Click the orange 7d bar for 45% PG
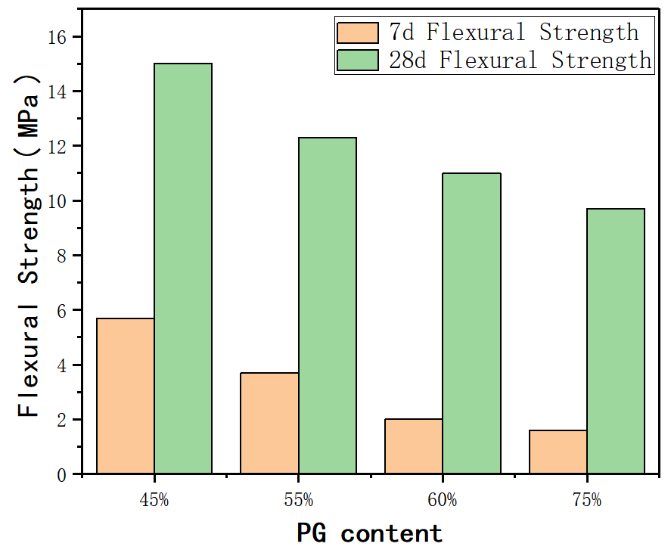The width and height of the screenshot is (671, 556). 126,396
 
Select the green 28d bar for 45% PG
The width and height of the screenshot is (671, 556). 183,269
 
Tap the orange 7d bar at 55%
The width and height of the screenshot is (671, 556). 269,423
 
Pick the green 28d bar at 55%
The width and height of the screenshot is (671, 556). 328,306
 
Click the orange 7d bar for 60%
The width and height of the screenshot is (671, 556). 414,446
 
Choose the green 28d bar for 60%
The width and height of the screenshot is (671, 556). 471,323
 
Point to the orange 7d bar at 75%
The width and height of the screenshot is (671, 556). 558,452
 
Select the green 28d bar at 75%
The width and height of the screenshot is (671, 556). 616,341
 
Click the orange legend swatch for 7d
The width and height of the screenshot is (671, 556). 358,33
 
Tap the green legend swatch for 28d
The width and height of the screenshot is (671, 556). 358,60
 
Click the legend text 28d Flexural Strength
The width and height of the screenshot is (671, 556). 520,60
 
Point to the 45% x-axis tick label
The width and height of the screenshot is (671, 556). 154,500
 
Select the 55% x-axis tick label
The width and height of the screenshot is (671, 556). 299,500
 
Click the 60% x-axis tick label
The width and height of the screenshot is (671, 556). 443,500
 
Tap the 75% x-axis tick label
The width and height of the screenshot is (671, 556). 587,500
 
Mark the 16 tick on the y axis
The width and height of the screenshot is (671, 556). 64,37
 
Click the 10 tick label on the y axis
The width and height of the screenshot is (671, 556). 64,201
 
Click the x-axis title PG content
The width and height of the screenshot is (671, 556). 370,533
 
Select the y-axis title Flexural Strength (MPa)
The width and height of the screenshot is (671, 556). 30,246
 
